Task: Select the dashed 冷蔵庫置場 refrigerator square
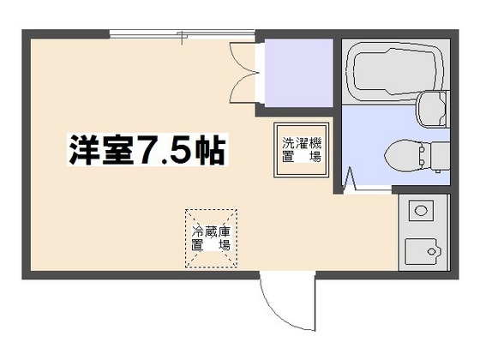(x=211, y=237)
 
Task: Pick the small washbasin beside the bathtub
(x=434, y=109)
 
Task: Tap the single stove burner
(x=419, y=209)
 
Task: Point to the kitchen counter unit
(x=423, y=231)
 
